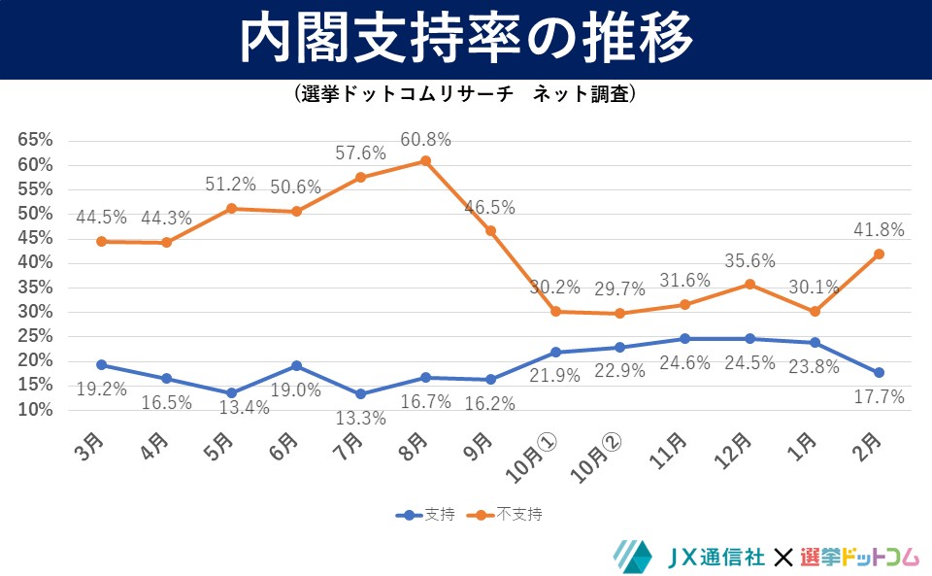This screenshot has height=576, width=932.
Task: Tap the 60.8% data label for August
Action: [424, 140]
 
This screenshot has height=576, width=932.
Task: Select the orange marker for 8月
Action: [425, 160]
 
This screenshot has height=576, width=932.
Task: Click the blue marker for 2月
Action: [879, 372]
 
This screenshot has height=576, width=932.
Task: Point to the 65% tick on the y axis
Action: [35, 140]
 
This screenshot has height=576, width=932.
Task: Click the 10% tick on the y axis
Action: [35, 410]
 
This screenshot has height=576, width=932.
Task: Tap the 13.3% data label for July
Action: [360, 419]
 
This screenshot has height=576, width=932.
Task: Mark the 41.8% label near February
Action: [879, 230]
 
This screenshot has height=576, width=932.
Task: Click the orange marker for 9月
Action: [490, 231]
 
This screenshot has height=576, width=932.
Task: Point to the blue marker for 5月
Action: [231, 393]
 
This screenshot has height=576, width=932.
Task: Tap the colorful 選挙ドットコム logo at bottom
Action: [859, 557]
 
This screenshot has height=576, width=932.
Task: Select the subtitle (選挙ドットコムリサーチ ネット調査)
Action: [466, 94]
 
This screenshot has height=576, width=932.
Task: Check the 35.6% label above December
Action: [749, 260]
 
